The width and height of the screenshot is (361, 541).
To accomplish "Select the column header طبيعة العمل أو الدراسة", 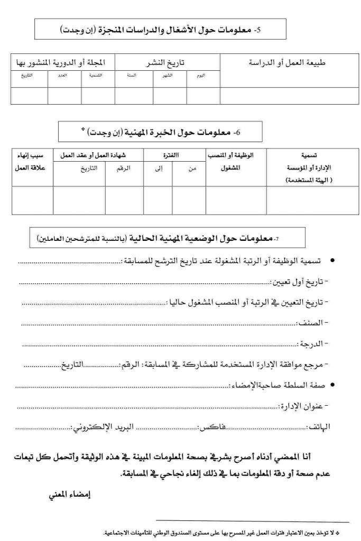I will coord(287,62).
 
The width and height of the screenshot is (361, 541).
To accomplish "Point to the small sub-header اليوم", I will coord(200,76).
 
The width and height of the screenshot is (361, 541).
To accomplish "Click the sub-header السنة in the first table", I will coord(132,76).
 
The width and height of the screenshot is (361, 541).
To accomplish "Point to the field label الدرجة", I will coord(316,343).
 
